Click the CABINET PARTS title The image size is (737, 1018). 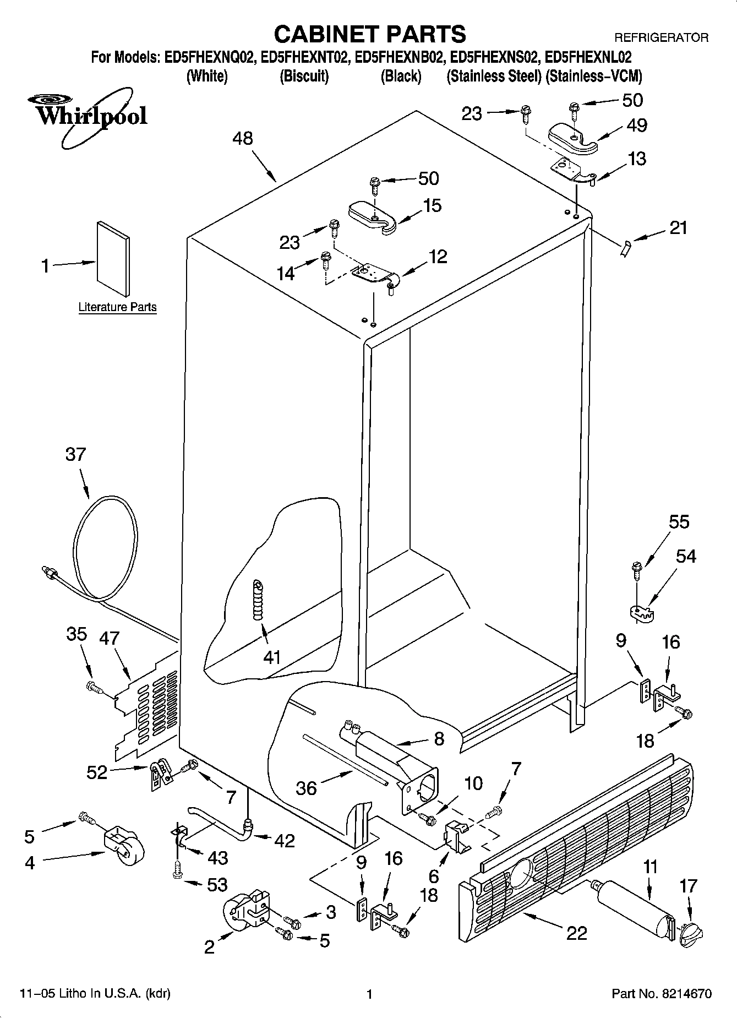tap(369, 34)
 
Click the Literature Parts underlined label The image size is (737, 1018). tap(117, 307)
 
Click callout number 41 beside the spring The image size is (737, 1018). tap(272, 657)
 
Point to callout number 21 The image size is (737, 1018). tap(678, 228)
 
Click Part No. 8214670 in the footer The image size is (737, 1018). tap(662, 994)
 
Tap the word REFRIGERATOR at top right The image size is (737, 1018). tap(661, 38)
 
